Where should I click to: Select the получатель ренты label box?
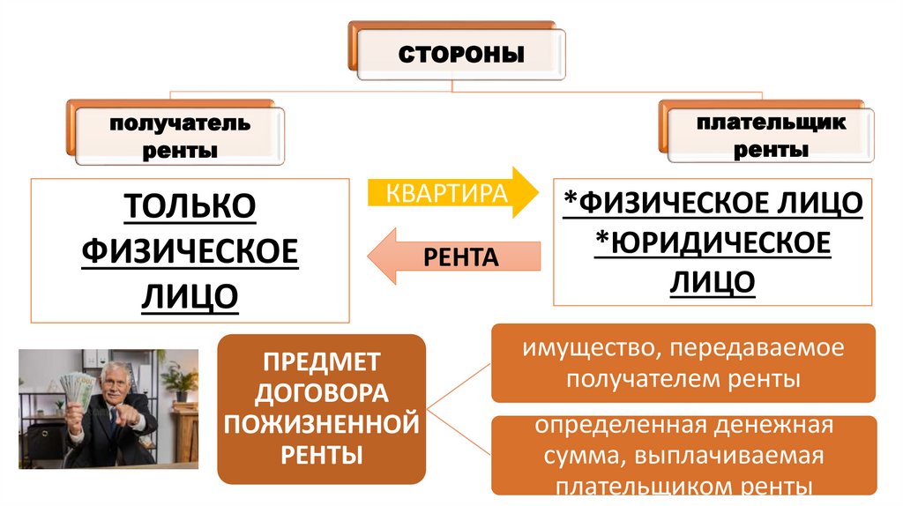(x=179, y=137)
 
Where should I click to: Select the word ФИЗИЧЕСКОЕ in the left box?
(x=190, y=251)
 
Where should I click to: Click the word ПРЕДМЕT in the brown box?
(x=321, y=361)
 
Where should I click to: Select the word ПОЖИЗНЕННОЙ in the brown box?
(x=321, y=424)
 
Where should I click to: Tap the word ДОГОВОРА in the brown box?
(x=321, y=392)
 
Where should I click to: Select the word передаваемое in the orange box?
(x=757, y=347)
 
